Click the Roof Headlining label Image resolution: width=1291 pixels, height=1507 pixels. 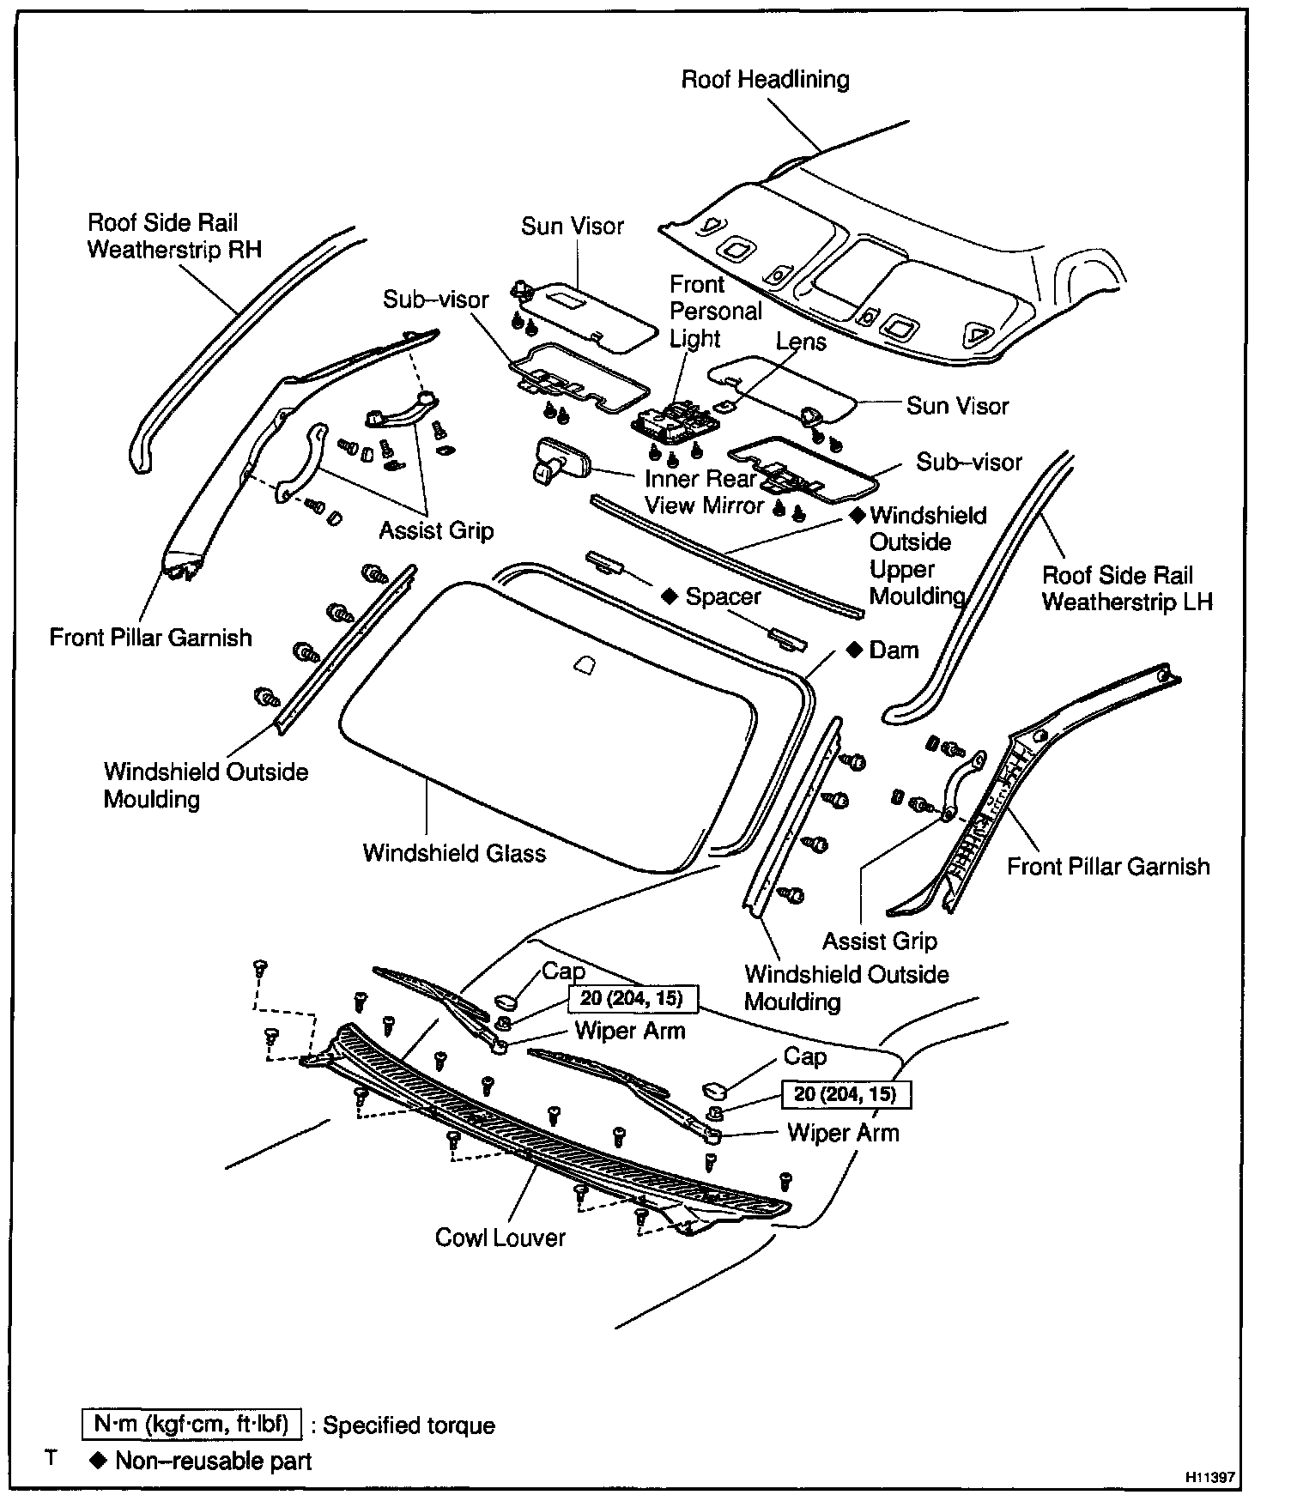point(765,80)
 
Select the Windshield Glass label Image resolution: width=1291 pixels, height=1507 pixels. point(454,853)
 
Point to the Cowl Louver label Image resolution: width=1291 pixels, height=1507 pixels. point(500,1238)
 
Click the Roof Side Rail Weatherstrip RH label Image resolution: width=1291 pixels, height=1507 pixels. point(174,236)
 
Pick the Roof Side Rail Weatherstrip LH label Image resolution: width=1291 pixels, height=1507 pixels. point(1127,588)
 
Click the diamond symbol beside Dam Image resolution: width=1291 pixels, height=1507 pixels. point(854,650)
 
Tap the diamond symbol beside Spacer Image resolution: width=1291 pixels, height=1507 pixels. point(670,596)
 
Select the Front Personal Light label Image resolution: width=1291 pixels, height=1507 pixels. point(715,311)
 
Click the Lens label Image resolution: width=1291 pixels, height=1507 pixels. point(801,342)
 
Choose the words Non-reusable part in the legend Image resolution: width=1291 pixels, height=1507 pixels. point(213,1461)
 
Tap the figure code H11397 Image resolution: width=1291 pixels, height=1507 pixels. point(1210,1477)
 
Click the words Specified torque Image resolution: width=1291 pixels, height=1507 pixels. point(409,1425)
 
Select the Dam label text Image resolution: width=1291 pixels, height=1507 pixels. point(894,650)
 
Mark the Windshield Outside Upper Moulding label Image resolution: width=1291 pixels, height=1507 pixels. point(927,555)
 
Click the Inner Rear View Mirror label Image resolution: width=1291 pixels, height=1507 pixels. point(702,492)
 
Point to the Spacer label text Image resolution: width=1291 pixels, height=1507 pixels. point(723,596)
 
